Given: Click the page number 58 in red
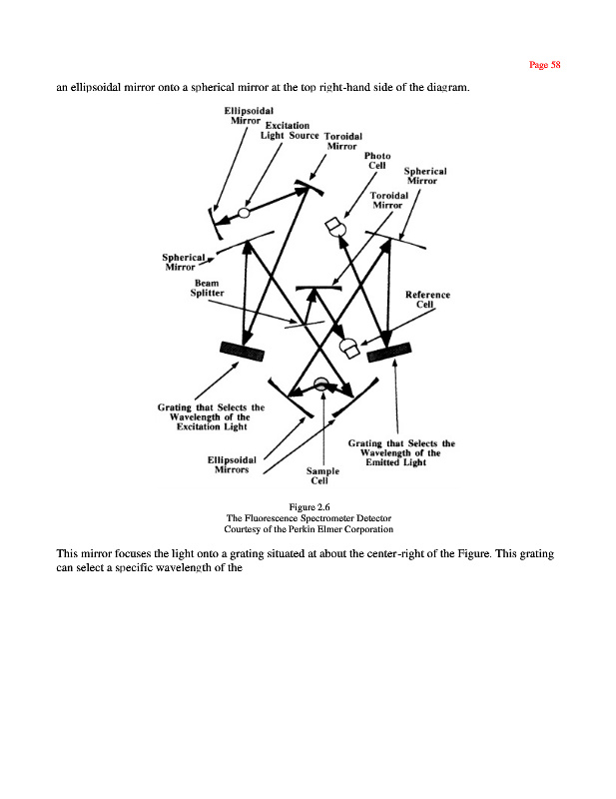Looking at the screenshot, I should click(x=545, y=65).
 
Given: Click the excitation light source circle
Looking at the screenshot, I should click(x=244, y=213).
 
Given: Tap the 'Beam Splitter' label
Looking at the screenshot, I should click(x=209, y=288).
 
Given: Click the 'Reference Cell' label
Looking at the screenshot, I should click(x=427, y=300).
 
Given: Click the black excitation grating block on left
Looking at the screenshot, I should click(x=243, y=349).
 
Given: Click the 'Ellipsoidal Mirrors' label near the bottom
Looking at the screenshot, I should click(x=232, y=466).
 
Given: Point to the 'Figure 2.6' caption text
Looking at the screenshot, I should click(x=308, y=507).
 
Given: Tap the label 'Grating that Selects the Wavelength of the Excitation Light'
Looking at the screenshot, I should click(x=211, y=416).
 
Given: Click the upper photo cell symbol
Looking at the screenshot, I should click(x=335, y=228).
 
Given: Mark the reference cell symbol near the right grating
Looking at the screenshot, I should click(x=351, y=349).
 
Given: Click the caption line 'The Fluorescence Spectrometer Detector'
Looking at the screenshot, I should click(x=308, y=518).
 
